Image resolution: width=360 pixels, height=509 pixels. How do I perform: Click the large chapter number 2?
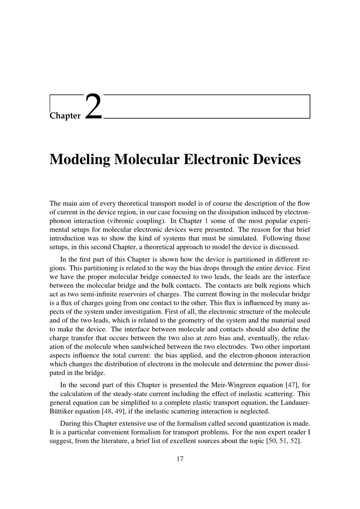(x=94, y=106)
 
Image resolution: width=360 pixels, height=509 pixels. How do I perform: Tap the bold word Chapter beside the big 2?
(x=65, y=116)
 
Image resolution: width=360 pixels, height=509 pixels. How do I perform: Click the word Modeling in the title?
(x=80, y=159)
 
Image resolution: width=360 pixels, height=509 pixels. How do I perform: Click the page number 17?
(x=180, y=459)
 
